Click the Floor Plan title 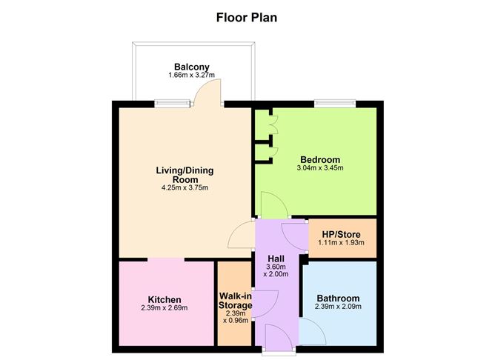point(247,16)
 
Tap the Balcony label point(191,66)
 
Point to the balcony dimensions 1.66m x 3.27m point(191,75)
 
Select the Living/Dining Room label point(185,175)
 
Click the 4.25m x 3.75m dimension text point(185,188)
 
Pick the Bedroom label point(320,159)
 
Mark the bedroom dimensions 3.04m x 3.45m point(321,168)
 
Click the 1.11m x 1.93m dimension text point(342,242)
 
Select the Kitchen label point(165,300)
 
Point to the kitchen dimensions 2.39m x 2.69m point(165,309)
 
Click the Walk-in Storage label point(236,300)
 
